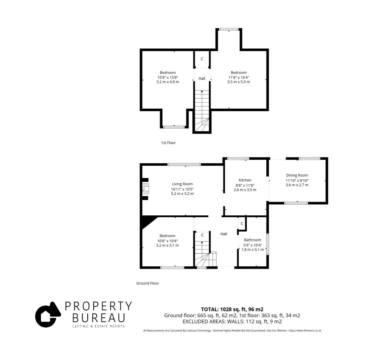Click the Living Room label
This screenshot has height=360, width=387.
click(x=182, y=184)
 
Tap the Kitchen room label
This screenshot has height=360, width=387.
click(x=245, y=180)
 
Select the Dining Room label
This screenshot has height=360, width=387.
click(x=297, y=175)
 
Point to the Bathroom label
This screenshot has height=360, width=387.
click(x=253, y=240)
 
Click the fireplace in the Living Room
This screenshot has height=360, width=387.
click(x=145, y=189)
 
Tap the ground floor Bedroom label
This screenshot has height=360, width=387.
click(x=167, y=236)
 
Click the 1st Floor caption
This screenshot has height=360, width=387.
click(x=168, y=143)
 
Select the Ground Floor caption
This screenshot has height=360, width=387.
click(x=147, y=283)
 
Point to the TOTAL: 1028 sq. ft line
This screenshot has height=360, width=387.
click(x=232, y=309)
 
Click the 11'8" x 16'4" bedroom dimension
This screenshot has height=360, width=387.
click(x=239, y=77)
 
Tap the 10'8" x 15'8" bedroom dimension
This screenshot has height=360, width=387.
click(x=168, y=77)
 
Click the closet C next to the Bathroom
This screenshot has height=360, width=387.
click(x=242, y=223)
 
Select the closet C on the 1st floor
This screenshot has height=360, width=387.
click(x=202, y=59)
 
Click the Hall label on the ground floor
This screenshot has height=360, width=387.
click(x=224, y=234)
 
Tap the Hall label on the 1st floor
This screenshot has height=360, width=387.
click(x=202, y=79)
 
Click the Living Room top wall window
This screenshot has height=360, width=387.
click(x=184, y=164)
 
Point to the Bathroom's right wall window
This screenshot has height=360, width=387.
click(x=268, y=244)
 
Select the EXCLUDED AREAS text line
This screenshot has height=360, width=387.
click(x=232, y=322)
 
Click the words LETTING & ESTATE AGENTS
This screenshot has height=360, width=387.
click(x=98, y=326)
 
